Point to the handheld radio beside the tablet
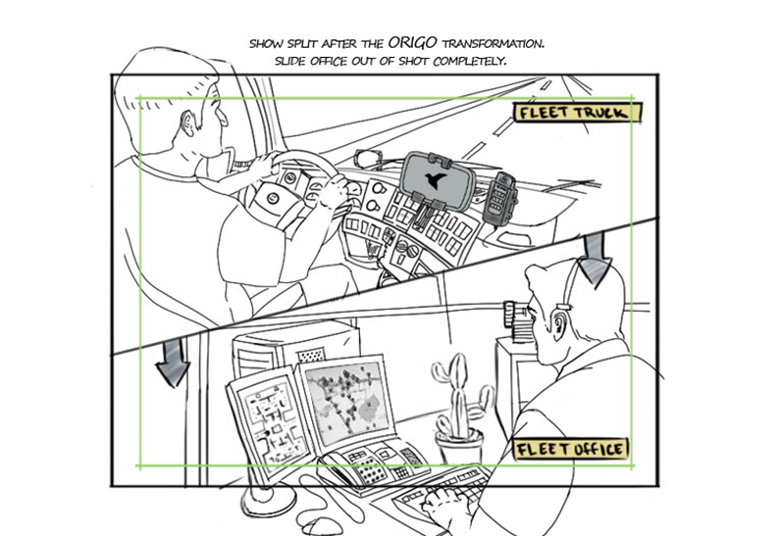coord(503,199)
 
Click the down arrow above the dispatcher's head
coord(595,259)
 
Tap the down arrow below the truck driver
coord(173,365)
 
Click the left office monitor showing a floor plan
coord(262,422)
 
